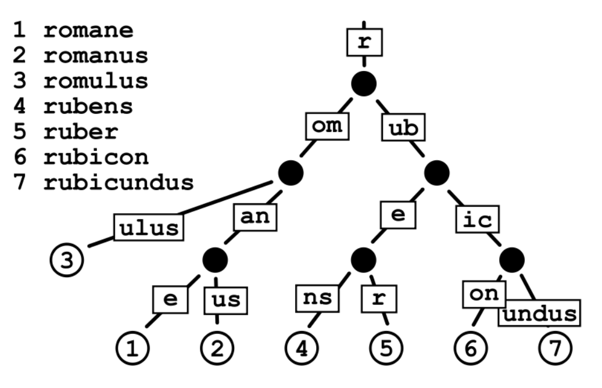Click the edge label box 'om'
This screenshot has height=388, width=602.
click(327, 126)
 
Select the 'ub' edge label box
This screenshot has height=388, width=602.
click(403, 127)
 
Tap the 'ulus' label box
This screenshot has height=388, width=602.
click(149, 228)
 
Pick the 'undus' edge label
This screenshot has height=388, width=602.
click(539, 313)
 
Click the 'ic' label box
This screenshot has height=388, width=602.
click(478, 219)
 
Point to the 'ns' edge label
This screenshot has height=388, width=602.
click(317, 298)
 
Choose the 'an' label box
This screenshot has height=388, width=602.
click(255, 217)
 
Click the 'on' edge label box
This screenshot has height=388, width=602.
click(484, 294)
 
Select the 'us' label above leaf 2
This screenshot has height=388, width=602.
click(225, 301)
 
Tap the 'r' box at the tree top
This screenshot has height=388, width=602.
click(364, 42)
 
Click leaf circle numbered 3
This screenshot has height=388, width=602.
click(67, 260)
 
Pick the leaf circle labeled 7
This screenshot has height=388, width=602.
click(556, 349)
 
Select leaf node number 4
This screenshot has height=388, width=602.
click(302, 349)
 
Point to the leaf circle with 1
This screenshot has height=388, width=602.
click(132, 349)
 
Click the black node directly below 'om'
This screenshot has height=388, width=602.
click(291, 173)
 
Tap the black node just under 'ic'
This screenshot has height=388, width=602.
click(512, 260)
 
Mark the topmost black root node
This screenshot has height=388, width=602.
click(364, 84)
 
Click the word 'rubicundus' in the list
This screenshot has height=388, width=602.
click(119, 182)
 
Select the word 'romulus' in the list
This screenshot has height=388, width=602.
click(96, 81)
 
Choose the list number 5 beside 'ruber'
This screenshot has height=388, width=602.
click(20, 132)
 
